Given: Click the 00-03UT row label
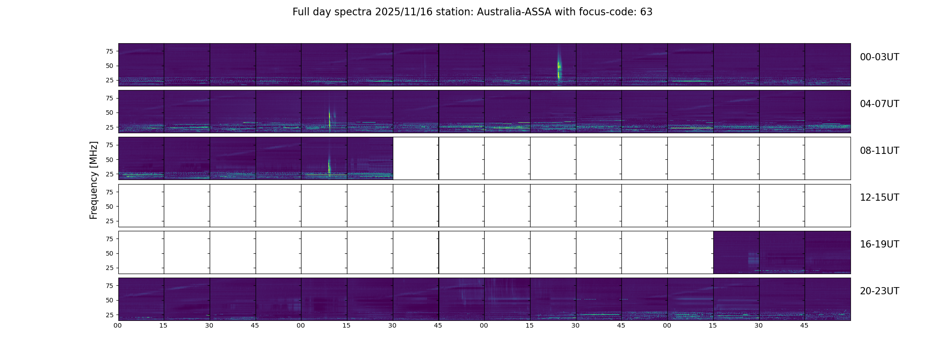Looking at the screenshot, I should (x=879, y=57).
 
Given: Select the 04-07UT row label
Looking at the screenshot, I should (x=879, y=104).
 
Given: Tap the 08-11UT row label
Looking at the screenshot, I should (x=879, y=151).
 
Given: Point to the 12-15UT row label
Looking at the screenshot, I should (x=879, y=198).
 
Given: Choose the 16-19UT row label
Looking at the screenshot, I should (x=879, y=244).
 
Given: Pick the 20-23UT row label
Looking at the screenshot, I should (x=879, y=291).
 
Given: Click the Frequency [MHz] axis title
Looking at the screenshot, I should (x=94, y=180).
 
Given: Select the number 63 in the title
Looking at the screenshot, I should (x=646, y=12).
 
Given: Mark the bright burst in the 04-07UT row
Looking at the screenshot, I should (x=330, y=118).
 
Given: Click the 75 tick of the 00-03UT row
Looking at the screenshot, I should (x=109, y=51).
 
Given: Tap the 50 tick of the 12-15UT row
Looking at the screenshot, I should (x=109, y=207).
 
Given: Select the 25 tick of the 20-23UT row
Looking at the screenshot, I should (x=109, y=315).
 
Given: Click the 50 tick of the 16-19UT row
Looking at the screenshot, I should (x=109, y=253).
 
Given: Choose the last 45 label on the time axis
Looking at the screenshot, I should (x=804, y=325).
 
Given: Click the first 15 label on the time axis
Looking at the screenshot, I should (x=163, y=325).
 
